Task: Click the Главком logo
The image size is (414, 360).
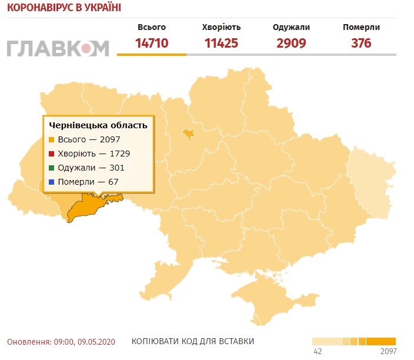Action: pyautogui.click(x=58, y=48)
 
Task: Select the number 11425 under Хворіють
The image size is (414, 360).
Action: pyautogui.click(x=221, y=43)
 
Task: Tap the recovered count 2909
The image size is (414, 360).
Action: pyautogui.click(x=291, y=43)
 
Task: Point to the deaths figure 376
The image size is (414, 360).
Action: pyautogui.click(x=361, y=43)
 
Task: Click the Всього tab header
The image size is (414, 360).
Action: pyautogui.click(x=152, y=27)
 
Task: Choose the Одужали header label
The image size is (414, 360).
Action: pyautogui.click(x=291, y=27)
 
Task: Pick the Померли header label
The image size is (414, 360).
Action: pyautogui.click(x=361, y=27)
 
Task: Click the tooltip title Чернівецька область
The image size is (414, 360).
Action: pyautogui.click(x=98, y=125)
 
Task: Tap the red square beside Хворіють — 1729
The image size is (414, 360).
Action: pyautogui.click(x=52, y=154)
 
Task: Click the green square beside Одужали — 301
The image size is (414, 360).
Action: pyautogui.click(x=52, y=168)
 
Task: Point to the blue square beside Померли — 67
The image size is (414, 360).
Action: pyautogui.click(x=52, y=182)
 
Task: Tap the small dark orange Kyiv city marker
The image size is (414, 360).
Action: pyautogui.click(x=188, y=134)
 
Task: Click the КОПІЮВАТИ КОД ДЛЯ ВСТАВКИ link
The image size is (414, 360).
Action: pyautogui.click(x=193, y=342)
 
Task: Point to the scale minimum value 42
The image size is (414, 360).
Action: pyautogui.click(x=318, y=352)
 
